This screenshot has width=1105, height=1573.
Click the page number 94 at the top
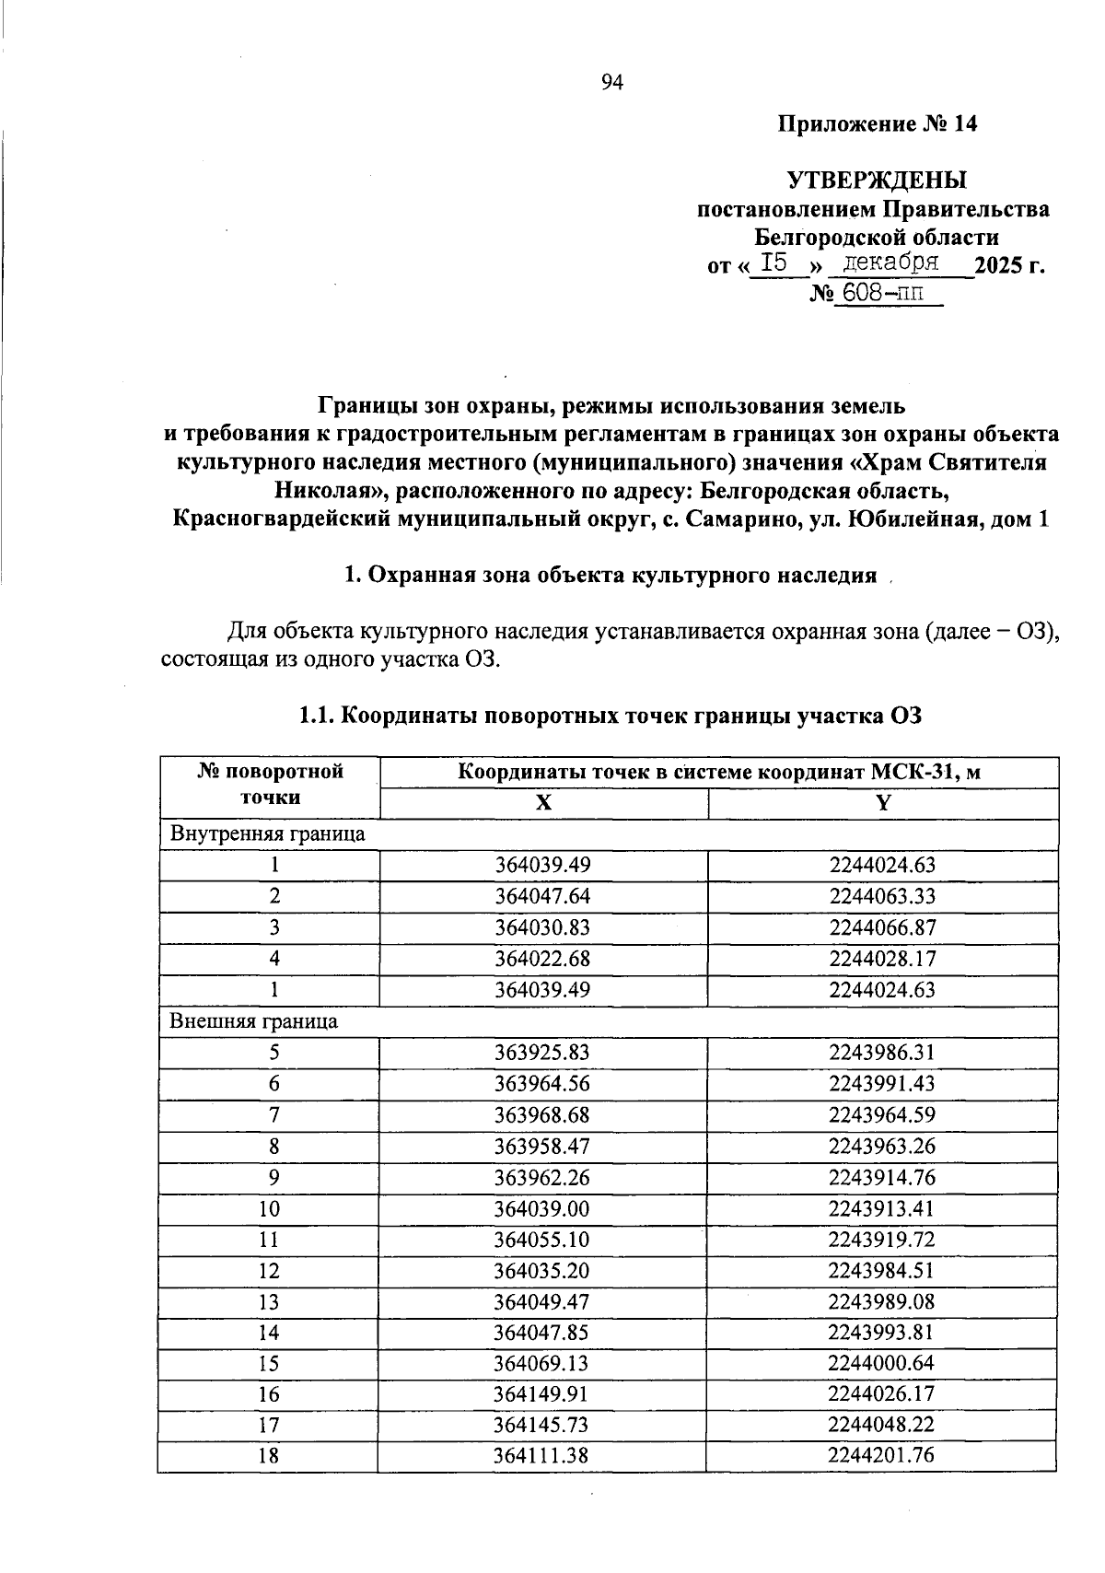pyautogui.click(x=612, y=84)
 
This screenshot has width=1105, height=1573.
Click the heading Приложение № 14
pyautogui.click(x=877, y=124)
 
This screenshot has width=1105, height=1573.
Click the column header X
pyautogui.click(x=544, y=803)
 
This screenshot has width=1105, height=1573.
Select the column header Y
pyautogui.click(x=883, y=803)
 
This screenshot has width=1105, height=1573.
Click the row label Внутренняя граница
pyautogui.click(x=267, y=834)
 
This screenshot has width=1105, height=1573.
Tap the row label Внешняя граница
pyautogui.click(x=253, y=1021)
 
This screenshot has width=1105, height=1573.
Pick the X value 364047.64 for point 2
pyautogui.click(x=541, y=896)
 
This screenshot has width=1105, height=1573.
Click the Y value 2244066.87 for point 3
pyautogui.click(x=881, y=927)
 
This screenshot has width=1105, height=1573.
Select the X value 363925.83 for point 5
pyautogui.click(x=541, y=1053)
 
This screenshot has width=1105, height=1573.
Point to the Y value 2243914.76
pyautogui.click(x=881, y=1178)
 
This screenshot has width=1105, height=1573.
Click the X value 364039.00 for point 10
pyautogui.click(x=541, y=1209)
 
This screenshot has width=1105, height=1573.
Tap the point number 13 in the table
pyautogui.click(x=269, y=1302)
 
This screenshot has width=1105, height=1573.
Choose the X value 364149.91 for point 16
pyautogui.click(x=541, y=1394)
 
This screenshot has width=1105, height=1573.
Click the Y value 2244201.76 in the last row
pyautogui.click(x=881, y=1455)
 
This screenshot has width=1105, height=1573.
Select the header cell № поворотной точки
pyautogui.click(x=270, y=785)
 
